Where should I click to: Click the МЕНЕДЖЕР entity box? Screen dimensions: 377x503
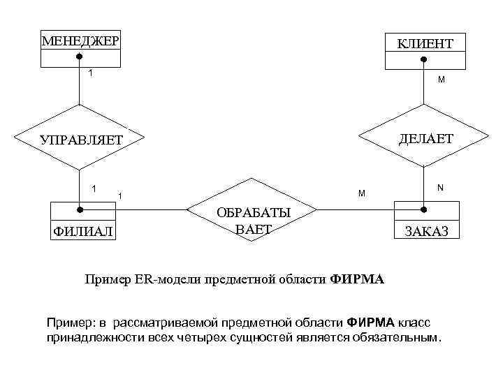tap(80, 49)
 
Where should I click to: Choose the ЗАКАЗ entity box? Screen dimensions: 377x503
tap(426, 221)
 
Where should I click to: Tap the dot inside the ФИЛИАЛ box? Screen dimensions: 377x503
tap(80, 208)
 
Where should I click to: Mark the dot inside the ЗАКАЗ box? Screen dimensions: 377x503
tap(424, 208)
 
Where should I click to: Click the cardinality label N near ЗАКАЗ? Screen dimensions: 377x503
tap(440, 187)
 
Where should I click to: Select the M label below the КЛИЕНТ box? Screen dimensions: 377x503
tap(441, 80)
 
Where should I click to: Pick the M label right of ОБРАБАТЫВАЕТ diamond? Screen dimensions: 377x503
tap(360, 193)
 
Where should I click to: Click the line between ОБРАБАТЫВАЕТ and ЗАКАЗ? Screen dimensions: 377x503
tap(356, 208)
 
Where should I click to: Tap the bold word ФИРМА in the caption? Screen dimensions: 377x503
tap(356, 280)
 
